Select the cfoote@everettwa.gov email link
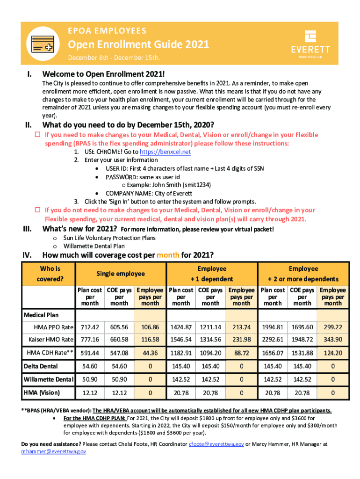coord(216,444)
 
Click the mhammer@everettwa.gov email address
coord(54,451)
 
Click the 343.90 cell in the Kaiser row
coord(333,339)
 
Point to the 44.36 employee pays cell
coord(150,353)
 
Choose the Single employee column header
coord(121,274)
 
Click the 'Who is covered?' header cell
coord(50,274)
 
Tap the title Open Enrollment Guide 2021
coord(139,45)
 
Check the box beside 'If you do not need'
coord(39,210)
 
